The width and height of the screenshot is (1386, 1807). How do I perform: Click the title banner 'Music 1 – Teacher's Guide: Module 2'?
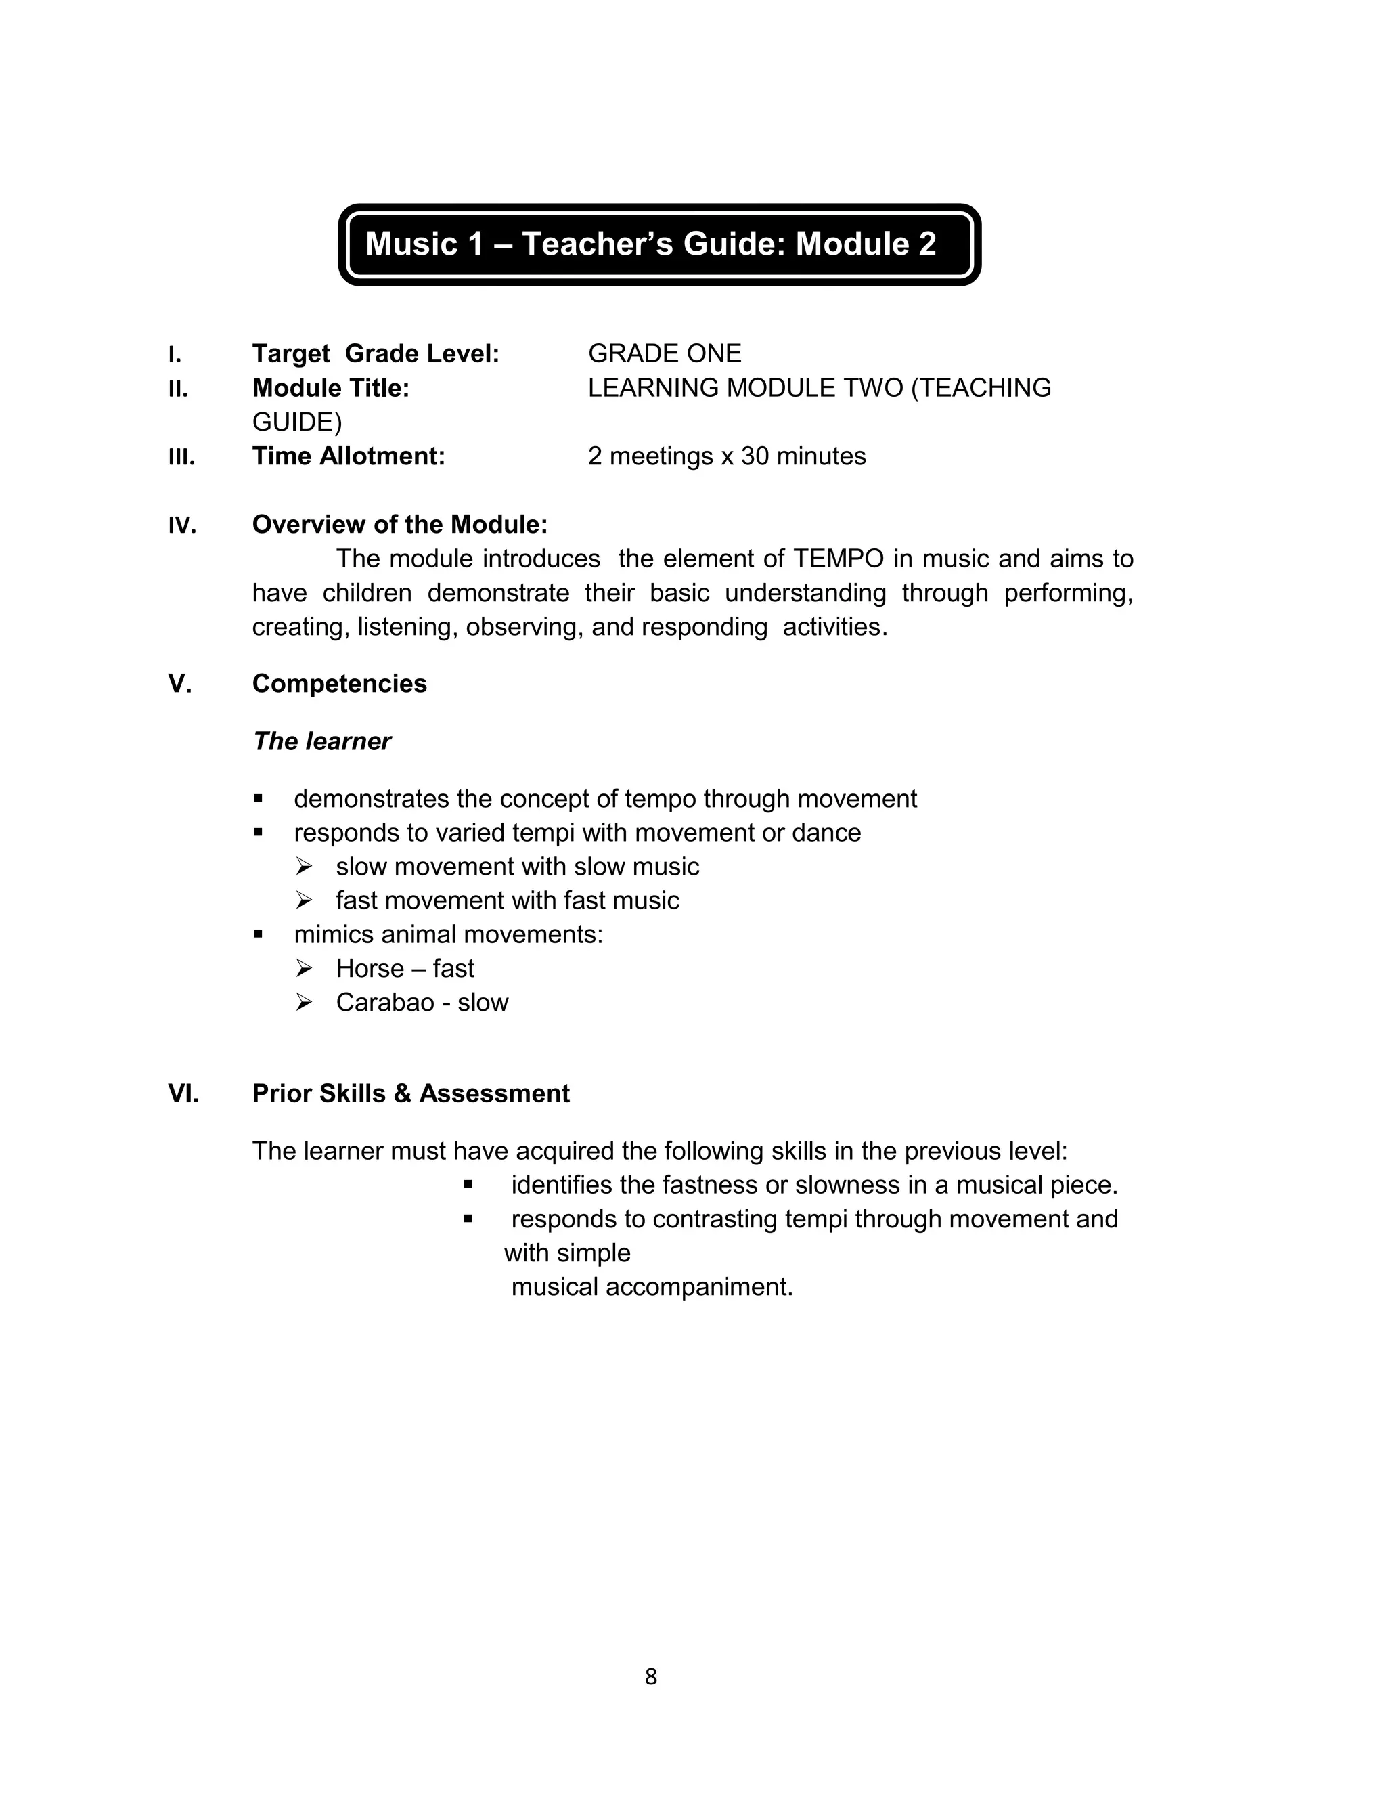tap(651, 244)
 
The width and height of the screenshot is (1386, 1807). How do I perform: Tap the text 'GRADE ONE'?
tap(664, 353)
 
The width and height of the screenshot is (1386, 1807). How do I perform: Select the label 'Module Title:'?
tap(331, 388)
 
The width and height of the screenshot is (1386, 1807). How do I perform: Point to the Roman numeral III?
tap(181, 457)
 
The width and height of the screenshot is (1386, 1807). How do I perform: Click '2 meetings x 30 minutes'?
tap(726, 456)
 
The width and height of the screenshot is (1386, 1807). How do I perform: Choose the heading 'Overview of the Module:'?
tap(399, 525)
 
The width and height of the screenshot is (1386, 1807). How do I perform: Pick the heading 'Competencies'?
tap(339, 683)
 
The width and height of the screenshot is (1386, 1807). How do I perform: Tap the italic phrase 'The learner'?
tap(321, 741)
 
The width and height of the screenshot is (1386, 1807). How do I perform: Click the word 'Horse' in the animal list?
tap(370, 968)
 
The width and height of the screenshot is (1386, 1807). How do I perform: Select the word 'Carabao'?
tap(384, 1002)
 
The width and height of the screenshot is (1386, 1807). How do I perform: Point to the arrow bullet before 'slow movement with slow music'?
tap(304, 867)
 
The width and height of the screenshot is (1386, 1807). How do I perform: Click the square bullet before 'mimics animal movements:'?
tap(259, 934)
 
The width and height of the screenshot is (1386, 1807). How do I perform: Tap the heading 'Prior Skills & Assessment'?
tap(410, 1093)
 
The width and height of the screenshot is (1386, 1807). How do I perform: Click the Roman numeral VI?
tap(183, 1093)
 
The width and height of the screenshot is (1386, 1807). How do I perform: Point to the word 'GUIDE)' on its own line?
tap(296, 422)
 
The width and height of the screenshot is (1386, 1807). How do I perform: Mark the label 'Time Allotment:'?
tap(348, 456)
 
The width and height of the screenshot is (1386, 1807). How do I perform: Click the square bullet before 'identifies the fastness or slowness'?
tap(468, 1185)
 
